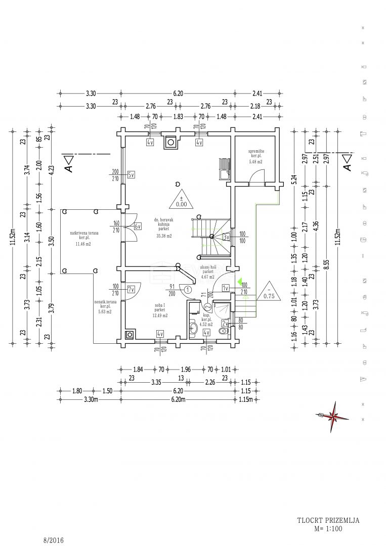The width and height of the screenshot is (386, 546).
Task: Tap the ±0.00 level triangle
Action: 181,200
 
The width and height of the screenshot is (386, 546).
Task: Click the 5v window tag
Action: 131,175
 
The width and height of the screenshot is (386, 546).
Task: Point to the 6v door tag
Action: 137,226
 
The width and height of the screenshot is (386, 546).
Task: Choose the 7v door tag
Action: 131,290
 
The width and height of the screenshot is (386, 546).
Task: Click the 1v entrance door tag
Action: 226,288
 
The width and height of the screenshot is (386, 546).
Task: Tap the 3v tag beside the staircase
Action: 226,237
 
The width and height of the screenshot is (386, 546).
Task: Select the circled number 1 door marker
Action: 188,290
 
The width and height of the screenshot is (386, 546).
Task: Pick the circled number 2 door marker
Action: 207,307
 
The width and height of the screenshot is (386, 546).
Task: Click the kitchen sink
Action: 223,169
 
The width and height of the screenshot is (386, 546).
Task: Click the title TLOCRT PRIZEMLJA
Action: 328,520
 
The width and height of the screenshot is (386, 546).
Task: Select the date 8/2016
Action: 54,540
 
